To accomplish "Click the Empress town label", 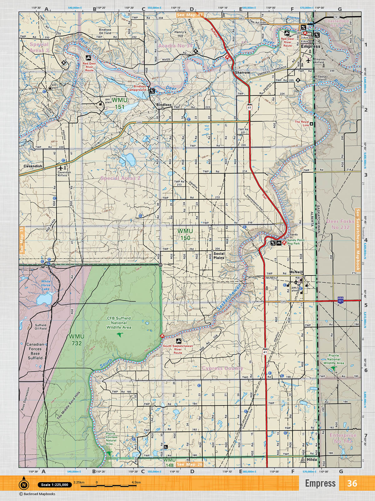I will pos(310,46).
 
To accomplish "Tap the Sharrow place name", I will pos(242,72).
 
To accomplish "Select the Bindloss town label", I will pos(164,105).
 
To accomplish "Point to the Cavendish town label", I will pos(33,166).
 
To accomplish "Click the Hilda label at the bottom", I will pos(312,460).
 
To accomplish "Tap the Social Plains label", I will pos(219,256).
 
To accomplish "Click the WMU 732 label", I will pos(77,340).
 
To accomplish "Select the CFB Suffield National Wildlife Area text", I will pos(119,323).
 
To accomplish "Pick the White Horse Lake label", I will pos(46,285).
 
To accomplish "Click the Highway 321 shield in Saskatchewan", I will pos(341,300).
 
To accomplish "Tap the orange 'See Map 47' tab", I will pos(190,15).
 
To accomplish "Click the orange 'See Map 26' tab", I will pos(190,464).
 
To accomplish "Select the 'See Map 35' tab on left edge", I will pos(22,240).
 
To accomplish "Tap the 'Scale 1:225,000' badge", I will pos(55,485).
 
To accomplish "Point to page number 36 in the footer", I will pos(352,483).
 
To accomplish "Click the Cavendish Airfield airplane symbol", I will pos(61,168).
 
